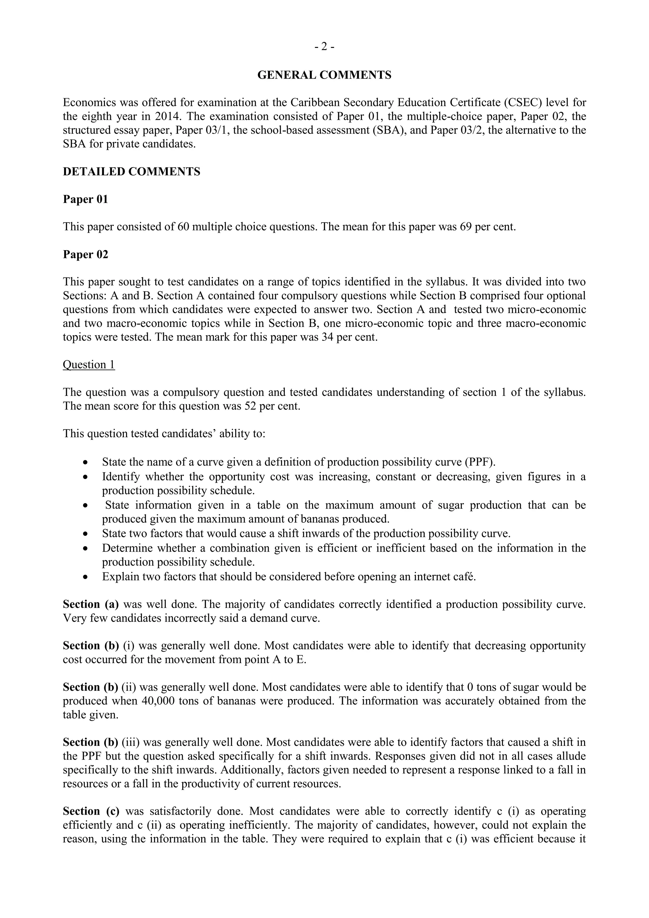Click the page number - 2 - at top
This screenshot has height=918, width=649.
[x=324, y=47]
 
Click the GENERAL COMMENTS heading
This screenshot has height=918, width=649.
[x=324, y=75]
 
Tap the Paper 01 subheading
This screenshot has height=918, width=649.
[x=86, y=199]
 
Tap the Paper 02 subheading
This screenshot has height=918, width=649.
[x=86, y=254]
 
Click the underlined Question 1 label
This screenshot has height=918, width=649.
[x=89, y=365]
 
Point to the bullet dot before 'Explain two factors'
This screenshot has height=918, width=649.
[x=85, y=577]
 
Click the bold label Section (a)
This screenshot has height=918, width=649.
[x=91, y=604]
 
